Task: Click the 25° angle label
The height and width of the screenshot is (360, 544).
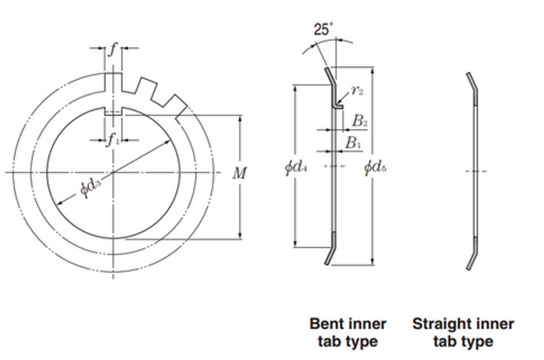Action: (x=323, y=29)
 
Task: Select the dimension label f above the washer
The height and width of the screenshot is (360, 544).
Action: (x=113, y=50)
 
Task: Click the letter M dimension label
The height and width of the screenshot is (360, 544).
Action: (x=239, y=173)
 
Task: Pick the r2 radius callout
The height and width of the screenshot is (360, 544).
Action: (x=357, y=90)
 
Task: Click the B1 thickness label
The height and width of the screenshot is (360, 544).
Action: (x=353, y=143)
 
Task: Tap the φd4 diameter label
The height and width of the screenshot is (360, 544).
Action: (x=296, y=168)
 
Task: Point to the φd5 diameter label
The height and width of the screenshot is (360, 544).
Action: (x=375, y=168)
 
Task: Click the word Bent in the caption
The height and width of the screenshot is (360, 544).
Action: (x=326, y=324)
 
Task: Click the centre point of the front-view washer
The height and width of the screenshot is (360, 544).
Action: (x=113, y=172)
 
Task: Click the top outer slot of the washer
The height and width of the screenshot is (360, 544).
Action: (x=113, y=81)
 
